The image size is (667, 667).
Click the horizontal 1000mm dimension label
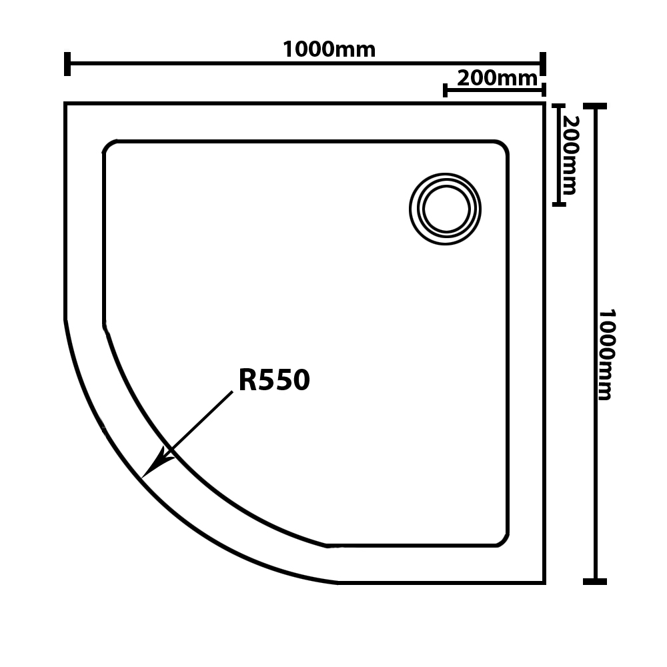(329, 49)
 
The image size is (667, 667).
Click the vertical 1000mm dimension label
(606, 354)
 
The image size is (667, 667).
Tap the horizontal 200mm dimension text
(497, 78)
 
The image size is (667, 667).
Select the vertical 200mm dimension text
(570, 155)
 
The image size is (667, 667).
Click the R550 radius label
(274, 380)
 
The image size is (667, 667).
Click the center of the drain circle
(445, 209)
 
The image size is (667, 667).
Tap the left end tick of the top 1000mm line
(67, 64)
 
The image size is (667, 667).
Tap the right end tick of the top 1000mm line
(543, 64)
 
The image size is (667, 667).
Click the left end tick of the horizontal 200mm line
(445, 90)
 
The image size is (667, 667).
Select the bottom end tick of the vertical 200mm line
(559, 205)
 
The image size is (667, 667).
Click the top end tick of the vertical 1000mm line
(595, 106)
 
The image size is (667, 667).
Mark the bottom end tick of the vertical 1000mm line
(595, 582)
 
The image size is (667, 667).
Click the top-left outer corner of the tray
(65, 103)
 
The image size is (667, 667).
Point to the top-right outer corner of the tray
(544, 103)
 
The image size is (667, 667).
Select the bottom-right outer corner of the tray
(544, 583)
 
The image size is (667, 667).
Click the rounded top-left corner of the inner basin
(108, 145)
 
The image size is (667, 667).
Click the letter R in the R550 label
(247, 380)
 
